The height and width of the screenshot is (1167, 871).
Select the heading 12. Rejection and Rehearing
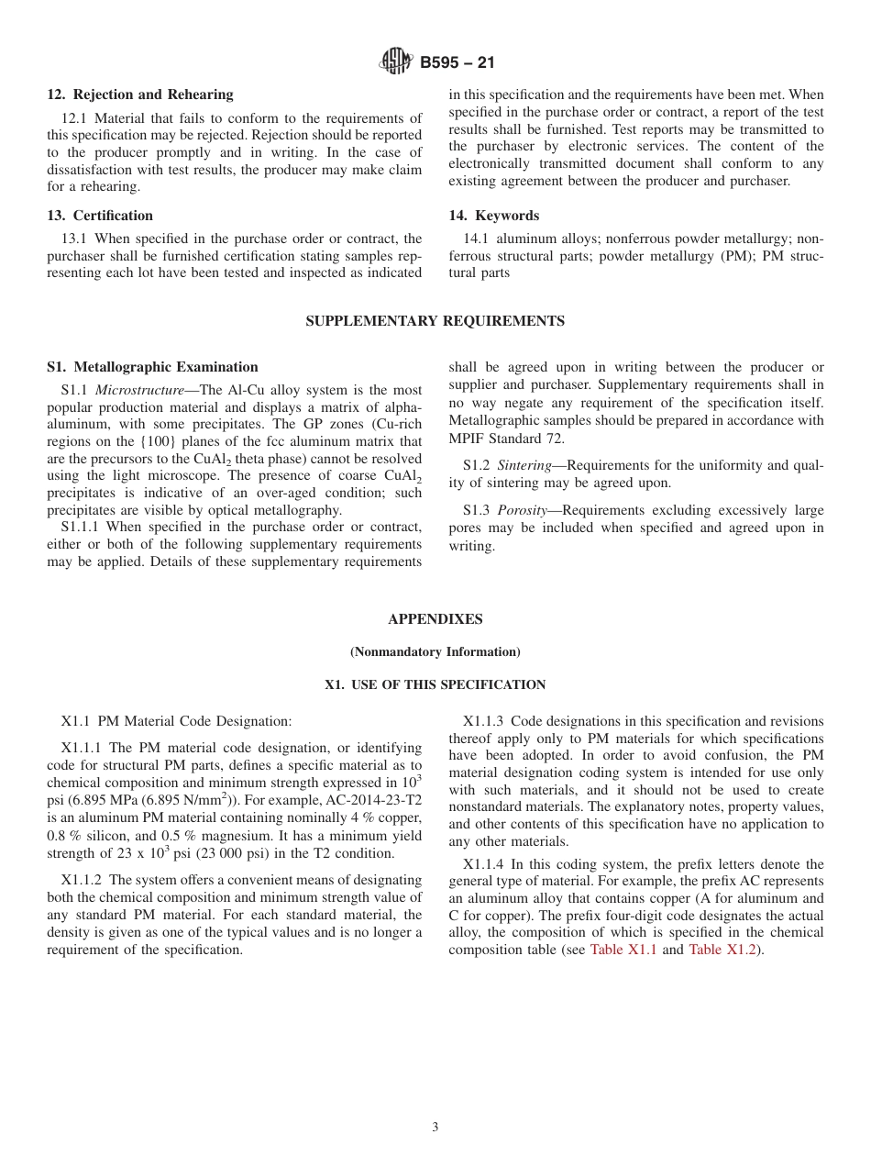pyautogui.click(x=140, y=94)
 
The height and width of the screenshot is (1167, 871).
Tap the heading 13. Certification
pyautogui.click(x=100, y=216)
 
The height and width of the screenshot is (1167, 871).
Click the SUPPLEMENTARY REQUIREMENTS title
pyautogui.click(x=435, y=321)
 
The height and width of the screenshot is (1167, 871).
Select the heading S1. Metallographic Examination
pyautogui.click(x=152, y=367)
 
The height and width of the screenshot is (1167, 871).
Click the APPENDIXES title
pyautogui.click(x=435, y=619)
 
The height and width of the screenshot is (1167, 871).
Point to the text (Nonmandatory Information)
pyautogui.click(x=435, y=652)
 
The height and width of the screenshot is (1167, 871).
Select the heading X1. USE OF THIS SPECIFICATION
pyautogui.click(x=435, y=685)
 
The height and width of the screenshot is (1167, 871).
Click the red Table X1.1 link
pyautogui.click(x=623, y=950)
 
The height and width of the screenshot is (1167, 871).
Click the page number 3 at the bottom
pyautogui.click(x=435, y=1128)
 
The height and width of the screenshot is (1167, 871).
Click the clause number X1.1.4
pyautogui.click(x=483, y=863)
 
